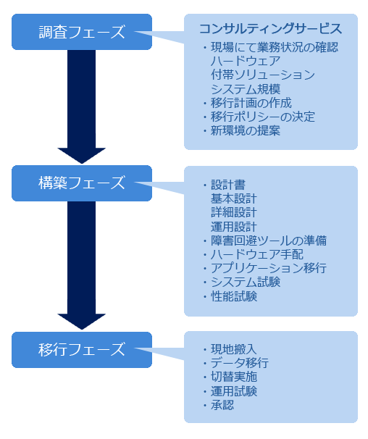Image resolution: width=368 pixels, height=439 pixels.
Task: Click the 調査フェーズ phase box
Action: click(x=82, y=32)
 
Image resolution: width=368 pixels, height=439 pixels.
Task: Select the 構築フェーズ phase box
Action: click(x=82, y=183)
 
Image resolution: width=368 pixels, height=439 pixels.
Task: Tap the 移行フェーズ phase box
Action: click(x=82, y=350)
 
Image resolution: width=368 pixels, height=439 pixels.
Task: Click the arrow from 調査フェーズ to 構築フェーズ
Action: click(x=82, y=106)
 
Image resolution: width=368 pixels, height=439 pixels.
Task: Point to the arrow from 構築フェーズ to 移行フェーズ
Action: click(x=82, y=265)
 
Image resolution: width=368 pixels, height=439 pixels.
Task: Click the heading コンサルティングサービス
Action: click(x=270, y=29)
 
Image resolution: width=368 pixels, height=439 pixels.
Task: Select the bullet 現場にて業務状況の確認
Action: click(x=270, y=47)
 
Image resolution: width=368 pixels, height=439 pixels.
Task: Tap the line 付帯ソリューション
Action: click(x=263, y=75)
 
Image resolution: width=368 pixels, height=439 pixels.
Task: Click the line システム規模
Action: click(x=246, y=89)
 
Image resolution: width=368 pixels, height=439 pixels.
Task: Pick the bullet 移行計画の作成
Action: click(x=247, y=103)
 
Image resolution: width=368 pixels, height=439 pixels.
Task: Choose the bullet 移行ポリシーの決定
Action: click(x=259, y=117)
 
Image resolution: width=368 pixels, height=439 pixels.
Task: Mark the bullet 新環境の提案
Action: click(x=241, y=130)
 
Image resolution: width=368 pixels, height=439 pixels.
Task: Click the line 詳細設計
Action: click(x=233, y=212)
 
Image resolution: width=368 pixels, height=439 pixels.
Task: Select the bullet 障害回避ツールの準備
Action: click(x=264, y=241)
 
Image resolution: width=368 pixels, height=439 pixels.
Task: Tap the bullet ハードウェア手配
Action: click(x=253, y=254)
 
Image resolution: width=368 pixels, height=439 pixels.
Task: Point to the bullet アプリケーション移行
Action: click(x=264, y=268)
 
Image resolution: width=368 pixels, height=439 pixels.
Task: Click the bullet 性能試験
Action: click(x=230, y=296)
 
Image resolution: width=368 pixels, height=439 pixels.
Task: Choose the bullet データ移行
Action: click(x=235, y=363)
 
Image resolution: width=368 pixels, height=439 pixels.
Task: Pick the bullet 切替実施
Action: click(x=230, y=377)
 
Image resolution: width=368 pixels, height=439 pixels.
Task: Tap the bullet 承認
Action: click(x=218, y=405)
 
